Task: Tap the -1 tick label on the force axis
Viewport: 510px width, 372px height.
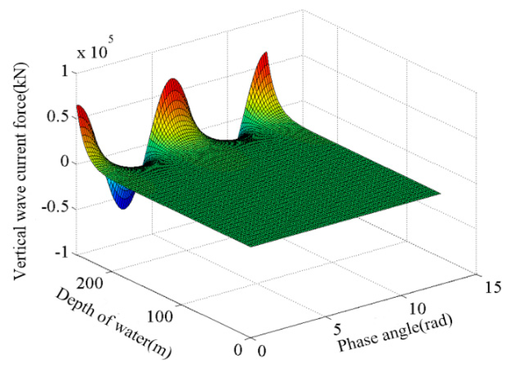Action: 62,253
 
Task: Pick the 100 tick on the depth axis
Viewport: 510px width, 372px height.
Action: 160,316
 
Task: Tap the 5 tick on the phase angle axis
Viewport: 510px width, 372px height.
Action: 337,329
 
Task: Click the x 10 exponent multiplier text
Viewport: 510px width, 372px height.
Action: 92,52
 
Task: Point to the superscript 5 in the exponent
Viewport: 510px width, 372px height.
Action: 110,40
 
